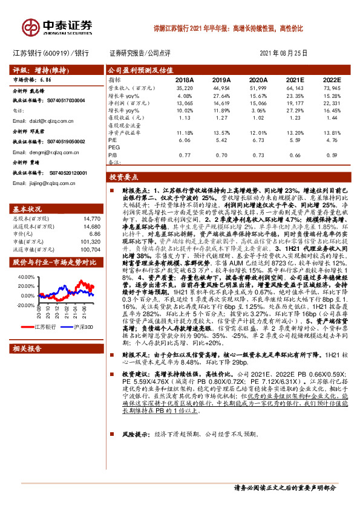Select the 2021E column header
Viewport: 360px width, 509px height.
[x=295, y=80]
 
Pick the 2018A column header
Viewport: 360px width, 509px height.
[x=183, y=80]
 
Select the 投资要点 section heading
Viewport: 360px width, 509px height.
[x=124, y=178]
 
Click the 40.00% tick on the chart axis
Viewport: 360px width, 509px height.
[x=26, y=277]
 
